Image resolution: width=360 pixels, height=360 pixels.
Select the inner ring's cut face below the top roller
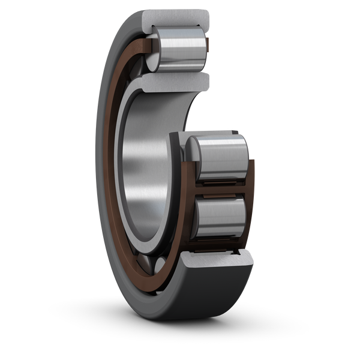click(x=174, y=81)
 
